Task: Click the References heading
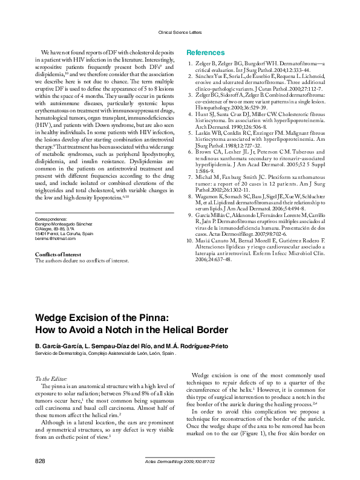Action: [x=205, y=53]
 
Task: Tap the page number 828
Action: [x=40, y=461]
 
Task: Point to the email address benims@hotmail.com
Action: [x=55, y=239]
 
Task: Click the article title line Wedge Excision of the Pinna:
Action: [x=102, y=317]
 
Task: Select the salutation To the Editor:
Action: [x=54, y=378]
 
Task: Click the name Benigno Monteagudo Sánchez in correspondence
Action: [x=64, y=223]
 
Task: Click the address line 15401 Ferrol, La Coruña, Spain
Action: [x=64, y=233]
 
